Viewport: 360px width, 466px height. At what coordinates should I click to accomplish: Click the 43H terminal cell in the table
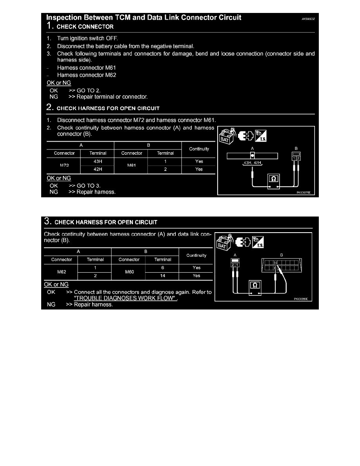pos(97,161)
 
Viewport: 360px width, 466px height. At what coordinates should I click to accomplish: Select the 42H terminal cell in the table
pos(97,169)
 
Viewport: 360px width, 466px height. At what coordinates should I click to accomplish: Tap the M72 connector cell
pos(65,165)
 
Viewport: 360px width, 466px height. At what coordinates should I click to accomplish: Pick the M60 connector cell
pos(129,271)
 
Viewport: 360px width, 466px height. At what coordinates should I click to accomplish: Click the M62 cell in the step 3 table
pos(62,271)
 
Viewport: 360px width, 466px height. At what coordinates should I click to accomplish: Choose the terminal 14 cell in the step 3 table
pos(163,276)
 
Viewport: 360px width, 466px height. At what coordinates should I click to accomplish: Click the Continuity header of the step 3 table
pos(196,255)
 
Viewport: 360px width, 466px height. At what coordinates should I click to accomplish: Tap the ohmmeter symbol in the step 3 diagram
pos(255,285)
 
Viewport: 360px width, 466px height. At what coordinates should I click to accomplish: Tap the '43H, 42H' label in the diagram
pos(253,163)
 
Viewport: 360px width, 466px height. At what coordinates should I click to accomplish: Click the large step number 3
pos(47,222)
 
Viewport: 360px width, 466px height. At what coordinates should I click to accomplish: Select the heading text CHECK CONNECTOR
pos(85,27)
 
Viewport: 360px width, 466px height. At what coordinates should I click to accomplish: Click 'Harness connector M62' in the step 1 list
pos(87,75)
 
